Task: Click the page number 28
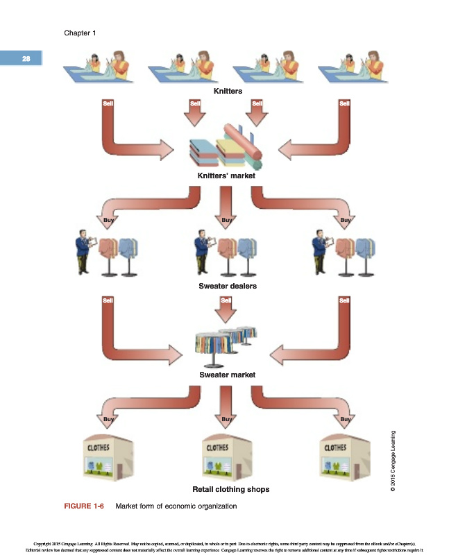(x=26, y=58)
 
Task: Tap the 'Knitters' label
(x=227, y=91)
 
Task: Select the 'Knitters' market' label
(x=227, y=176)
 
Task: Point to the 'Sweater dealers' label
(x=227, y=285)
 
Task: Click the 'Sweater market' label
(x=227, y=375)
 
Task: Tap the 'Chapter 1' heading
(x=80, y=33)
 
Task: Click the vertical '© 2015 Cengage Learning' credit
(x=393, y=462)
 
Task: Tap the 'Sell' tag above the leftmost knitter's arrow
(x=108, y=103)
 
